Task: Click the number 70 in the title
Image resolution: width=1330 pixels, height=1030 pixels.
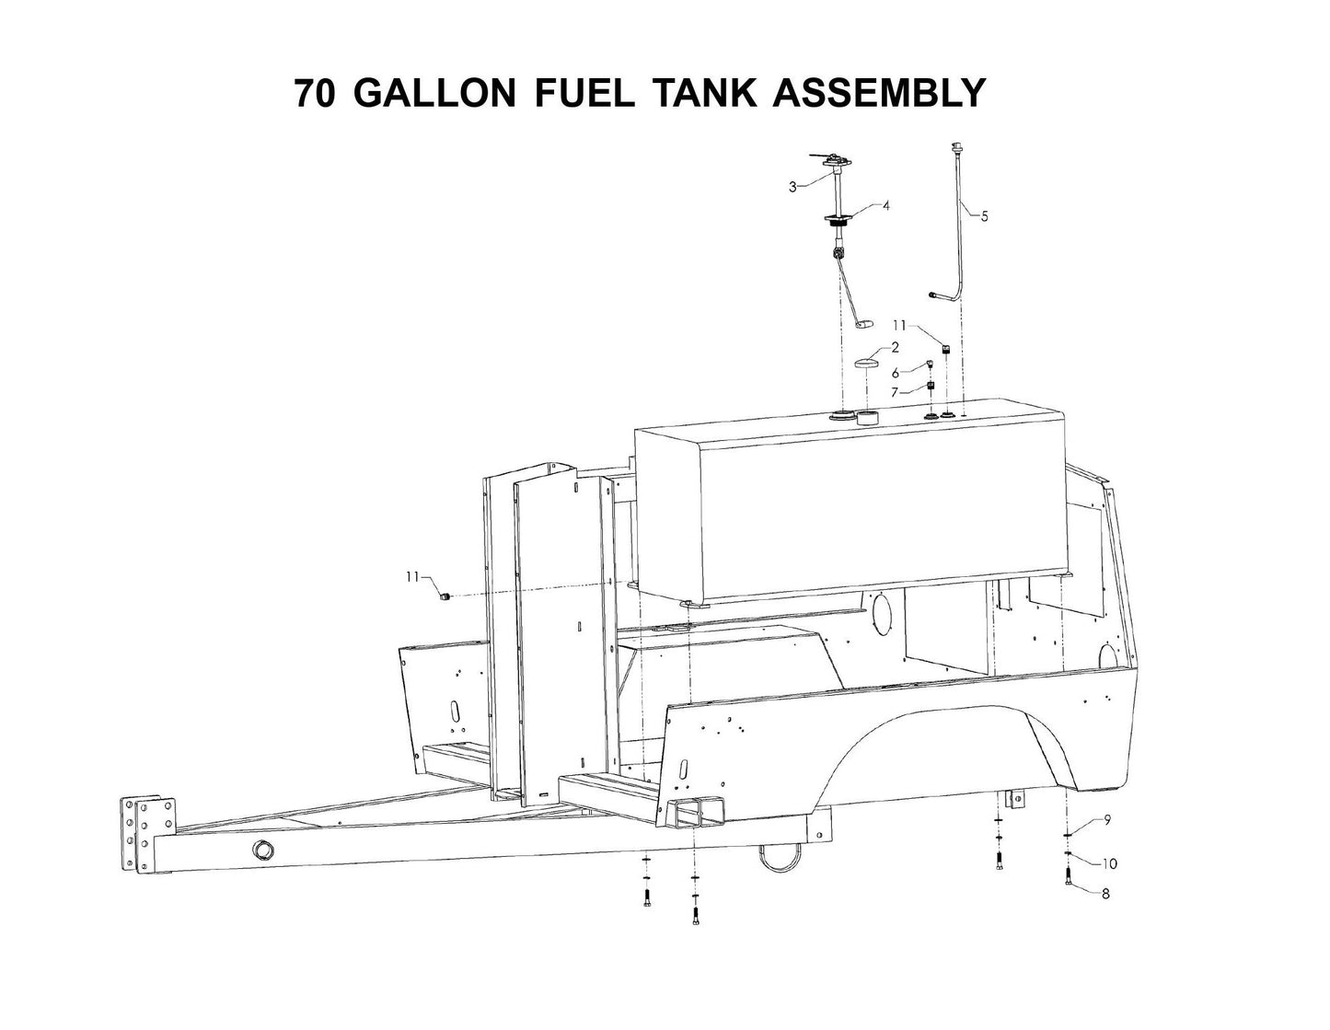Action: (x=316, y=93)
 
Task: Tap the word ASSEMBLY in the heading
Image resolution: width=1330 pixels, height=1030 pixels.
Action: (x=879, y=93)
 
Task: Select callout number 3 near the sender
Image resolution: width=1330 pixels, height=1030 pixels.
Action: (x=792, y=187)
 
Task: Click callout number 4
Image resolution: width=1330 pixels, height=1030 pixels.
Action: (x=885, y=206)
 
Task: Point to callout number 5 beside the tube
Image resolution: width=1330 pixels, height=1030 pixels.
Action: (x=984, y=216)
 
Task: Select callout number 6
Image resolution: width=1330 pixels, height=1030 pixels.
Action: (x=896, y=373)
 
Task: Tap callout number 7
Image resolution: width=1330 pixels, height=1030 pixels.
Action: (x=896, y=393)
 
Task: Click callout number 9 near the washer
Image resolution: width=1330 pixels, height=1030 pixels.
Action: (x=1107, y=819)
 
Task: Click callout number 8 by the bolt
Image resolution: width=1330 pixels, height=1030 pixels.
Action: (x=1105, y=893)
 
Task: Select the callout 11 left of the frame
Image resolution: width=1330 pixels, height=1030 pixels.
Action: (x=413, y=576)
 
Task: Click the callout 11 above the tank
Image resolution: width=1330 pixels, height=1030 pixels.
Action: (x=899, y=325)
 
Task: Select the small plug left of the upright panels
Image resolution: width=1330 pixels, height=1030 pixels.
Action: (x=443, y=596)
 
